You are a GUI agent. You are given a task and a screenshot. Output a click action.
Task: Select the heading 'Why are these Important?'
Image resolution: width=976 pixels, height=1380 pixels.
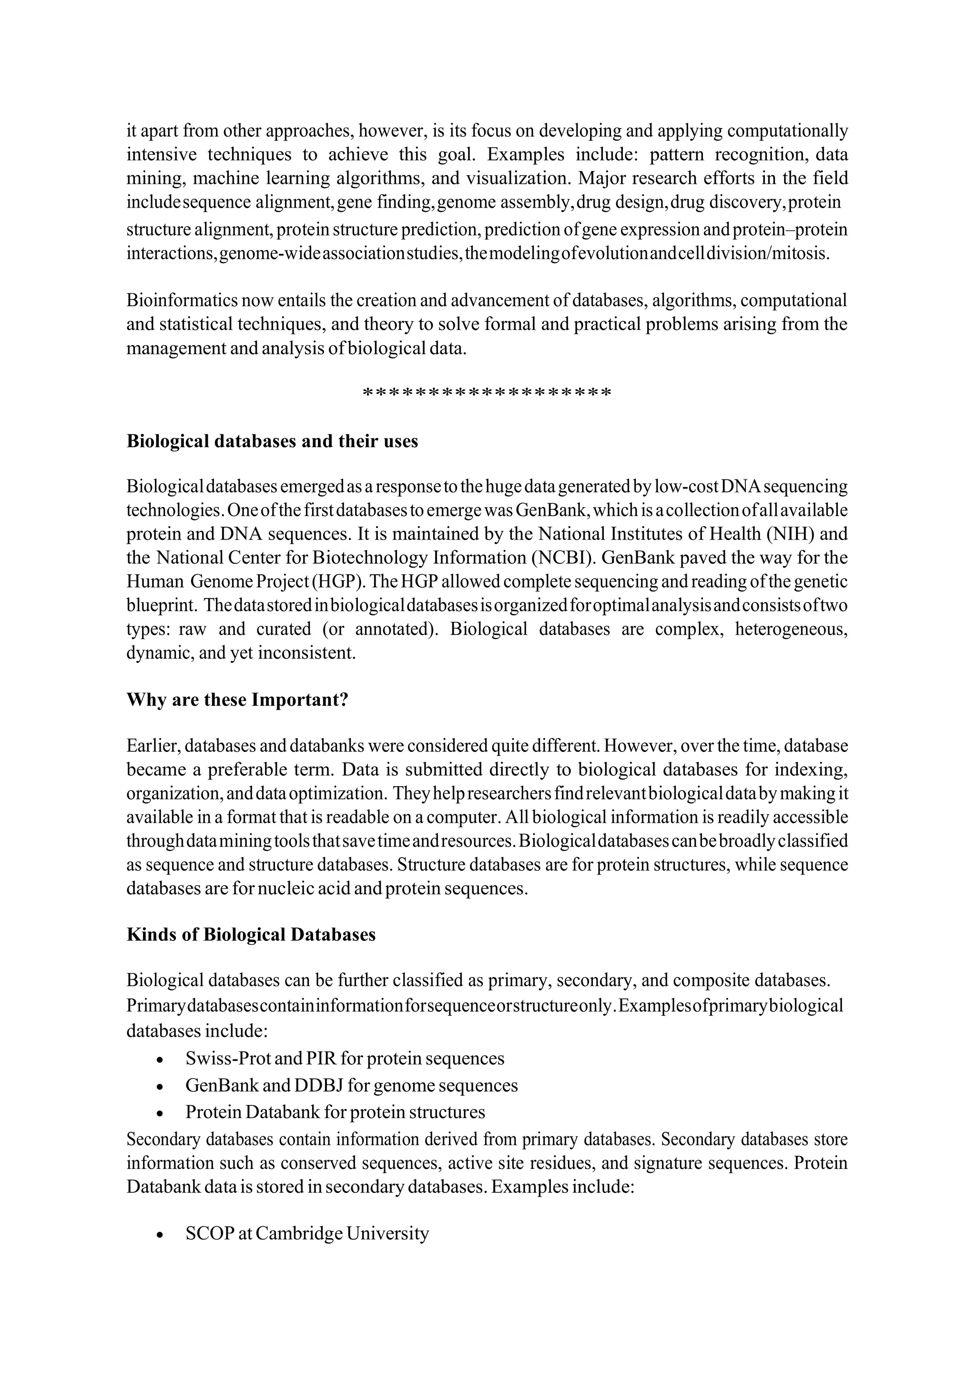(237, 700)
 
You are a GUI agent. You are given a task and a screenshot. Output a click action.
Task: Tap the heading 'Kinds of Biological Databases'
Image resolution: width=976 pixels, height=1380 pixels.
(251, 935)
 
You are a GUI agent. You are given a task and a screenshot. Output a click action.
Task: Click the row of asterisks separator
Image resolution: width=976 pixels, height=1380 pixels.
(487, 394)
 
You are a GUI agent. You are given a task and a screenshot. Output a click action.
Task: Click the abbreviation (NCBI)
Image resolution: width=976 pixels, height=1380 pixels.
(563, 558)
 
